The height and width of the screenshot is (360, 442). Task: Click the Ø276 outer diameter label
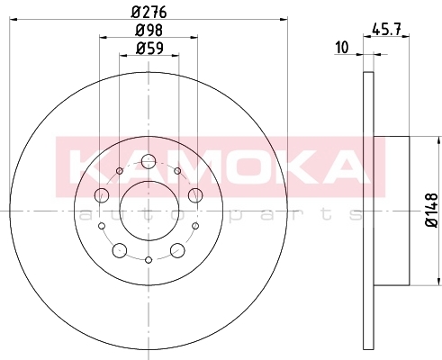[x=149, y=13]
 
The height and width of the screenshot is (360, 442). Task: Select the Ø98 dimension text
[x=149, y=31]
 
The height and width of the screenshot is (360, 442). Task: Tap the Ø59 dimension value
[x=149, y=49]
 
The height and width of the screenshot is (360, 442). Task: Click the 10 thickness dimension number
[x=342, y=48]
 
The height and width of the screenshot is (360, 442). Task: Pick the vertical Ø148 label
[x=432, y=211]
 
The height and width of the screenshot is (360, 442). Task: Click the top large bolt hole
[x=149, y=161]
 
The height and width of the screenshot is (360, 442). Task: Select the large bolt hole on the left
[x=102, y=195]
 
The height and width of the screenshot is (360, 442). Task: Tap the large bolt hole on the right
[x=195, y=195]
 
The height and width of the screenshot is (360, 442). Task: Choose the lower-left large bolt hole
[x=120, y=250]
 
